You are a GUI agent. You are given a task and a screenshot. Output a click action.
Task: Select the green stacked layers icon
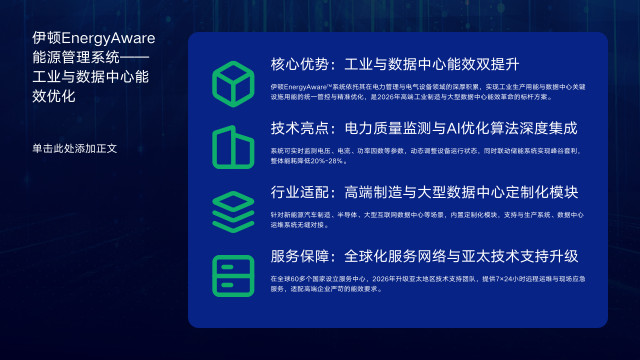(x=233, y=211)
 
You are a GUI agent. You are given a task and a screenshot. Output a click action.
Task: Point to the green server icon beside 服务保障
(x=233, y=275)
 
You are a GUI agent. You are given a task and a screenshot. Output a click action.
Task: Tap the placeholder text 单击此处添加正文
(x=75, y=149)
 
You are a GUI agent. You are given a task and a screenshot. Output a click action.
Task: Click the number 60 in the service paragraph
(x=291, y=277)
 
